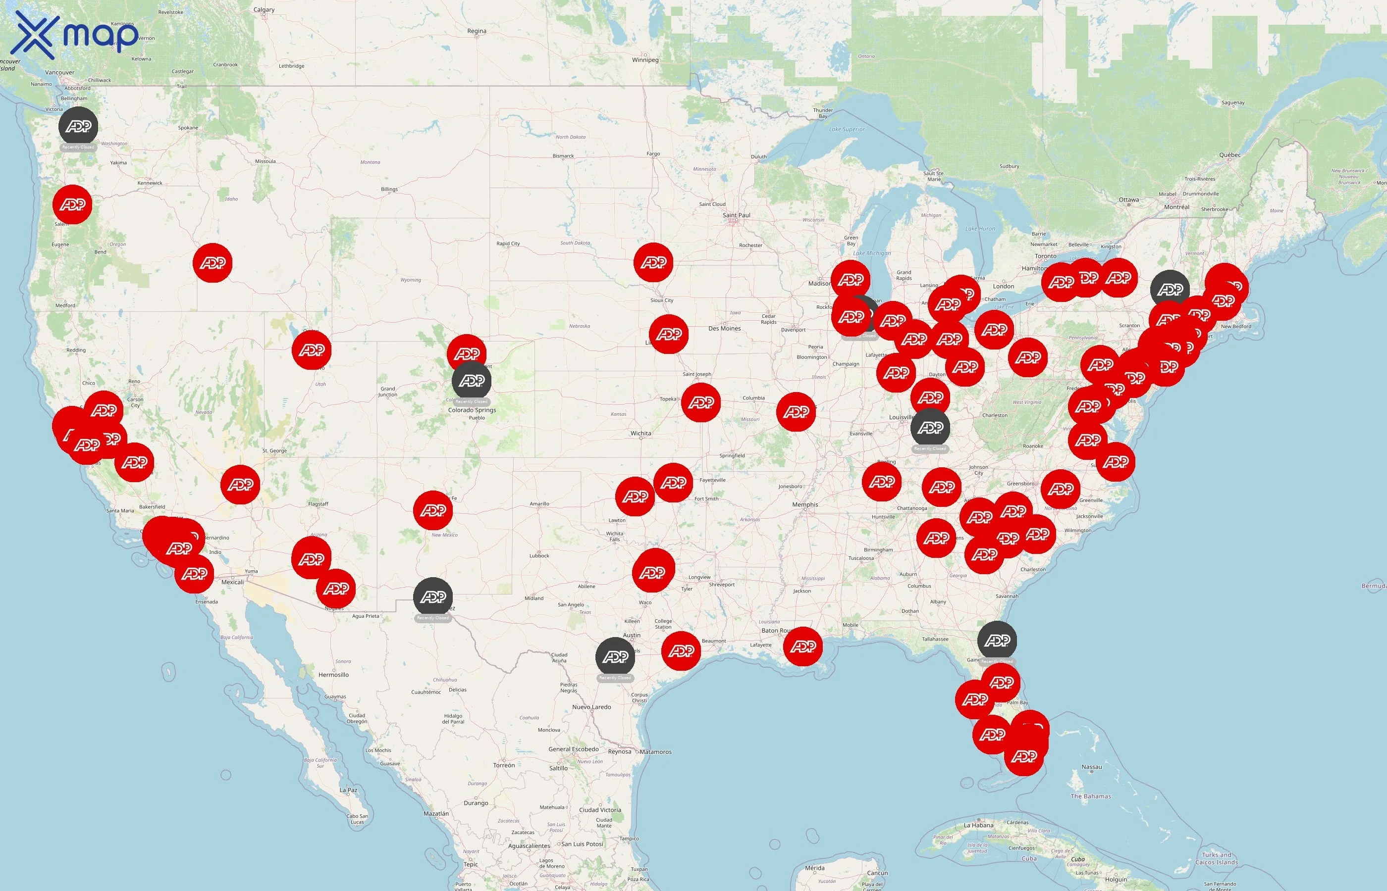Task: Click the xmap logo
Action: point(76,35)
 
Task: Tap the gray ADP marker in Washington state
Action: point(78,126)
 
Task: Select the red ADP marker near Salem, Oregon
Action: point(72,204)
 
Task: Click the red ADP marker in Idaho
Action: point(213,263)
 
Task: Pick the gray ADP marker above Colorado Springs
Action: point(472,381)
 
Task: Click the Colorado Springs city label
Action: point(472,410)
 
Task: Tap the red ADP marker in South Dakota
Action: point(653,262)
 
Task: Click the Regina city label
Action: point(477,31)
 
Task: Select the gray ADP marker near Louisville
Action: point(930,428)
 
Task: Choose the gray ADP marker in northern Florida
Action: point(997,641)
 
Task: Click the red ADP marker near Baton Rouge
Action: point(803,646)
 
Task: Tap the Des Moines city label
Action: point(724,329)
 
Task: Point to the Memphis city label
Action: point(804,504)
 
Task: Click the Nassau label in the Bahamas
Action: point(1091,767)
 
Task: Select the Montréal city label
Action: point(1176,207)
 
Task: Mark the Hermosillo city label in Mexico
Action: point(333,675)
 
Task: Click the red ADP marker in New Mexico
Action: point(433,510)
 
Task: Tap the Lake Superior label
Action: point(847,130)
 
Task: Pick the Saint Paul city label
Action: point(736,215)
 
